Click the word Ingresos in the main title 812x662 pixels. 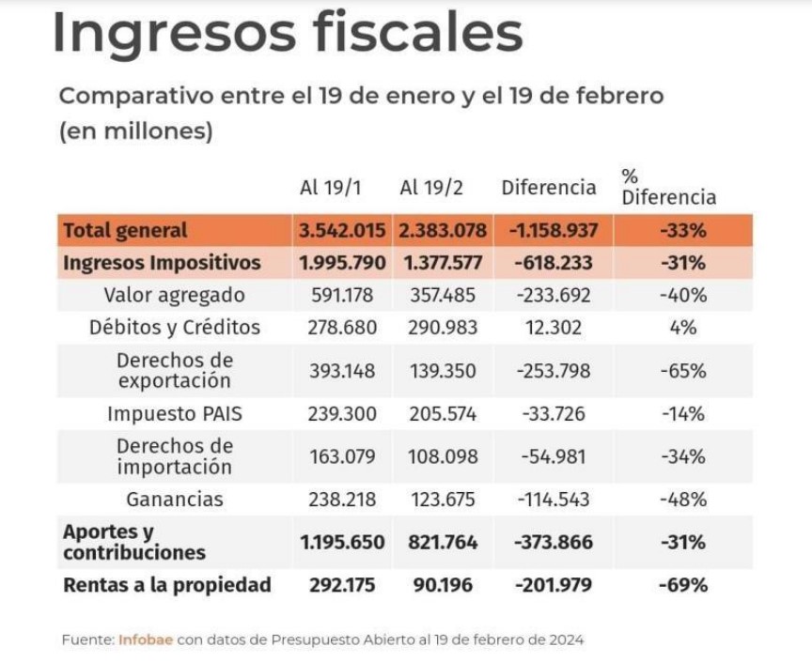tap(170, 34)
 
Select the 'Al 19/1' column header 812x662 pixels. tap(330, 187)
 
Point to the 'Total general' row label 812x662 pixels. tap(126, 230)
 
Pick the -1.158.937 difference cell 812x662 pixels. tap(553, 230)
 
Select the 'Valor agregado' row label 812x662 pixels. tap(174, 295)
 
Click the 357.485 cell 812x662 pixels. tap(443, 295)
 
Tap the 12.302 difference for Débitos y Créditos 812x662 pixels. tap(554, 328)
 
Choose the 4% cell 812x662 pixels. tap(682, 328)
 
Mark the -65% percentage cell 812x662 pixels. tap(682, 370)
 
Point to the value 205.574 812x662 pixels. tap(443, 413)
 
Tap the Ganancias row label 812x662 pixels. tap(174, 500)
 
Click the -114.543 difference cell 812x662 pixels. tap(554, 500)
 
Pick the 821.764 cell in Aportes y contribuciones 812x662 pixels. tap(443, 542)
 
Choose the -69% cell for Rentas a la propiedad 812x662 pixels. tap(682, 585)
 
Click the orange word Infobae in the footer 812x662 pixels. tap(145, 639)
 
